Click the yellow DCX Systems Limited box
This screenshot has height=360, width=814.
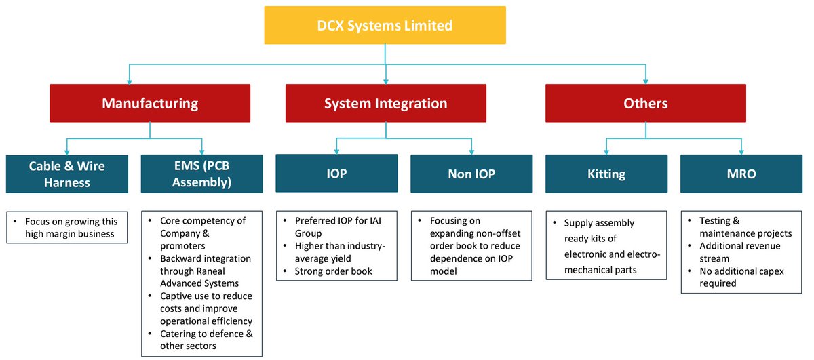click(x=385, y=26)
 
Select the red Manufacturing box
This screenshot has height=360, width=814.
click(x=150, y=103)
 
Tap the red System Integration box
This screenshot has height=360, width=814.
click(x=385, y=103)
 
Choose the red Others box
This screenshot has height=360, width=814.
click(x=645, y=103)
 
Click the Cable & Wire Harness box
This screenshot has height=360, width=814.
click(x=66, y=174)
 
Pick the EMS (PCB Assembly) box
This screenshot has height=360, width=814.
click(x=202, y=174)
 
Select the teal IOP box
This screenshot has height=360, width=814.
click(x=336, y=174)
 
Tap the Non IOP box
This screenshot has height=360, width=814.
click(x=471, y=174)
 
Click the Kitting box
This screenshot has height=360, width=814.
click(x=606, y=174)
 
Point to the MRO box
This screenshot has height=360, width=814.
click(x=741, y=174)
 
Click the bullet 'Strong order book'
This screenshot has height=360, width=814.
click(x=334, y=272)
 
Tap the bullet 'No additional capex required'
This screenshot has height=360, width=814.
click(x=741, y=277)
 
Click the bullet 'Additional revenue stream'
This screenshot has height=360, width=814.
click(x=741, y=252)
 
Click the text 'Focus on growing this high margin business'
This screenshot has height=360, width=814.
click(x=71, y=227)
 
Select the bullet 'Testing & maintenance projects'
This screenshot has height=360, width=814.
click(x=745, y=227)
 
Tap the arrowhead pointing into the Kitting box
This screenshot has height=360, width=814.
click(x=606, y=151)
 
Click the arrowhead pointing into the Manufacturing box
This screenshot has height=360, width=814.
click(x=129, y=80)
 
